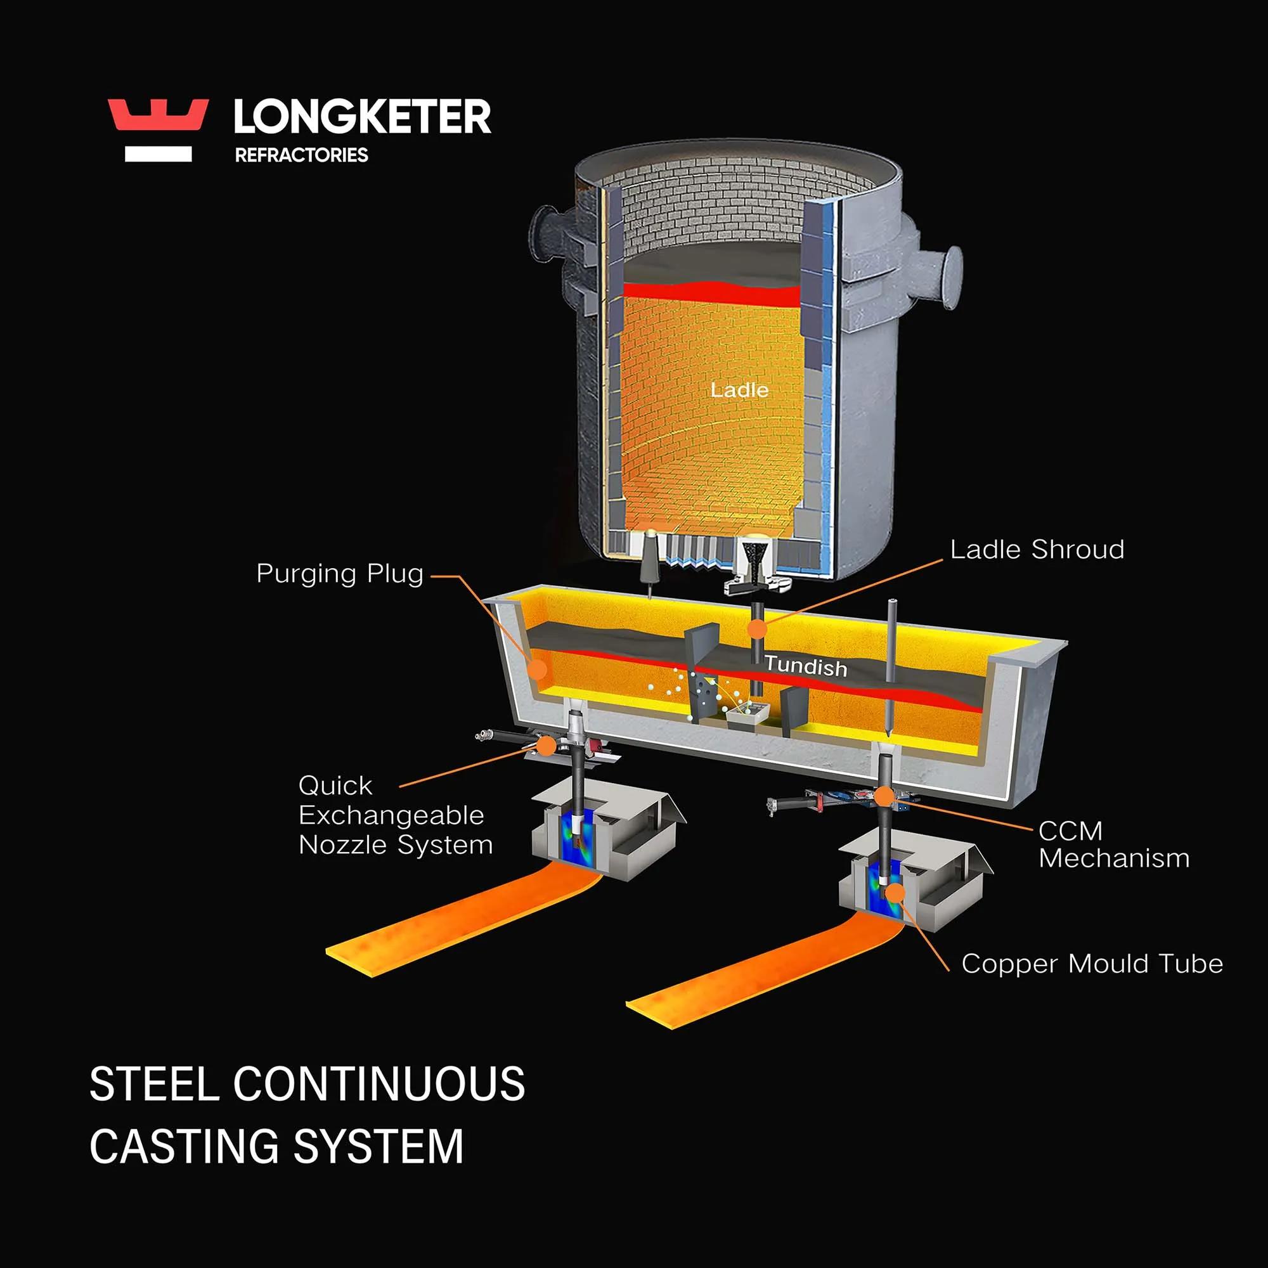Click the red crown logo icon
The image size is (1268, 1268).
(x=158, y=115)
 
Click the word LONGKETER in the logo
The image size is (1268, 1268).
(x=362, y=117)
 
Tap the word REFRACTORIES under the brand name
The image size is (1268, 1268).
(x=301, y=155)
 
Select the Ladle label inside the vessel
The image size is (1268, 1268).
(x=740, y=391)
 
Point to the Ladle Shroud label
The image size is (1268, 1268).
(x=1037, y=550)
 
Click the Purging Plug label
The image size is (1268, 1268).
(x=339, y=574)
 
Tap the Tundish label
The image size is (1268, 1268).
(x=806, y=666)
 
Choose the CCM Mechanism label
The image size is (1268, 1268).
(x=1113, y=844)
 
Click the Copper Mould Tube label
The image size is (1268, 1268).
(x=1092, y=964)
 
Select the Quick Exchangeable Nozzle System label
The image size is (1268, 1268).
(x=395, y=815)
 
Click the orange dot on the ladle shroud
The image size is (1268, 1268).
(x=758, y=630)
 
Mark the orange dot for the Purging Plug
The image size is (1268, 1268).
(x=537, y=670)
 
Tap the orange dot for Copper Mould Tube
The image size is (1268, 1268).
(x=895, y=893)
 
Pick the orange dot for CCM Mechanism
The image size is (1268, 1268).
(x=884, y=797)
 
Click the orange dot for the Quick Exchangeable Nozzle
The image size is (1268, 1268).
(x=546, y=746)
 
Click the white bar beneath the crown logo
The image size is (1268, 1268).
(x=158, y=154)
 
